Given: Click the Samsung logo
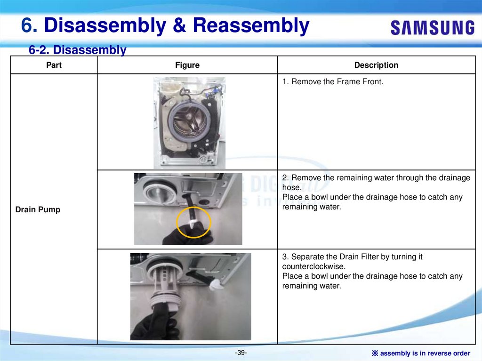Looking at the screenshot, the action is pos(433,28).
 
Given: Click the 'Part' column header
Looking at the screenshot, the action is pos(54,65).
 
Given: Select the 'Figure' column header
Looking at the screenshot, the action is pos(187,65).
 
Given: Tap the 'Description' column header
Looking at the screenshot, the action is pos(376,65).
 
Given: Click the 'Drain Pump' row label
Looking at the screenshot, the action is pos(38,210).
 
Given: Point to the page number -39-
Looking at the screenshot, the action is pos(241,353).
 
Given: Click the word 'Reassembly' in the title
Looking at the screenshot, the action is pos(251,25).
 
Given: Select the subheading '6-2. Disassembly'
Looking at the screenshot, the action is pos(78,50).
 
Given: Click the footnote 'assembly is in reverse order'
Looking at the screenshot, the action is pos(425,353).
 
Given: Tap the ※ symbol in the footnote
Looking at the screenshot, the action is pos(375,353).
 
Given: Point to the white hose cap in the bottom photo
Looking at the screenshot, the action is pos(216,284).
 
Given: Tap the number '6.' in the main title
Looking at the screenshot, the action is pos(29,25).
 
